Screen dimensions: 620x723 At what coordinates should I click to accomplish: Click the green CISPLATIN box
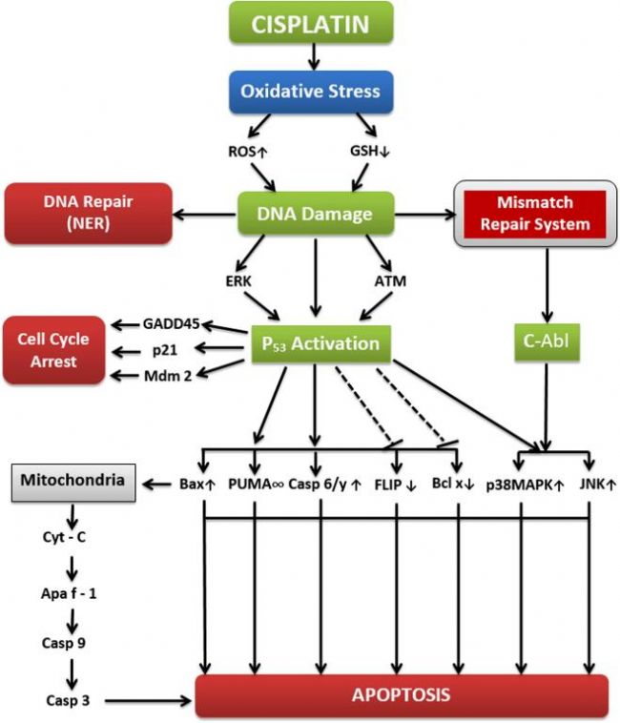click(x=311, y=23)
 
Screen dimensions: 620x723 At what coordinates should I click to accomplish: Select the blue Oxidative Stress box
click(x=311, y=92)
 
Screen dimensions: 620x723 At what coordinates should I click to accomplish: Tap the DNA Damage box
click(x=316, y=214)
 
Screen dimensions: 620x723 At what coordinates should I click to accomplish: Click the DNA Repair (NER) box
click(x=89, y=213)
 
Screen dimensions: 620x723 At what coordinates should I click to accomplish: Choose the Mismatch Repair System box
click(x=535, y=214)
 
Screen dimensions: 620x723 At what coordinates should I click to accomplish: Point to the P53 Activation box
click(x=320, y=344)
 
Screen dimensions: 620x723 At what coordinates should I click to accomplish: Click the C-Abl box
click(x=547, y=341)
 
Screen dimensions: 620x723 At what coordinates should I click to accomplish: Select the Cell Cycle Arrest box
click(x=54, y=350)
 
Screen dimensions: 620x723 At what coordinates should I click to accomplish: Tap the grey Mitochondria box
click(x=73, y=483)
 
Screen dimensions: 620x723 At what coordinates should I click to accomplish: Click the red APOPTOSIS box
click(x=402, y=695)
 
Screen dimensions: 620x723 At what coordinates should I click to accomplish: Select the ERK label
click(x=238, y=280)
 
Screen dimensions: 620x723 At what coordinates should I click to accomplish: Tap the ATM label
click(x=390, y=280)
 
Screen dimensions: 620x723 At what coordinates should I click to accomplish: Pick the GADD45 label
click(x=171, y=323)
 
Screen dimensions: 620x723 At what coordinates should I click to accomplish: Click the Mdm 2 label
click(x=168, y=376)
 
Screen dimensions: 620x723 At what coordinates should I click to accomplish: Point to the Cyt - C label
click(x=64, y=537)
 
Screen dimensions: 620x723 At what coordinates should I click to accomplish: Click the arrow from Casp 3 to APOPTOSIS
click(x=149, y=701)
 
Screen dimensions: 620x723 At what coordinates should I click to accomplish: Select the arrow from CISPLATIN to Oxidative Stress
click(x=314, y=57)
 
